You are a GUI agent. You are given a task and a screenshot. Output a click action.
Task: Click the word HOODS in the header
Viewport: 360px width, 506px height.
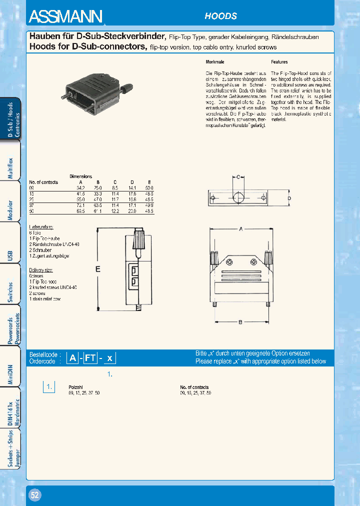(x=220, y=16)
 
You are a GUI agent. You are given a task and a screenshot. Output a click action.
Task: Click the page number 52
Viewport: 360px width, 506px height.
(x=35, y=495)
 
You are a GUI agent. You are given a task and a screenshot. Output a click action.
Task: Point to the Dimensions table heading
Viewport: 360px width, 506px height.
(x=80, y=176)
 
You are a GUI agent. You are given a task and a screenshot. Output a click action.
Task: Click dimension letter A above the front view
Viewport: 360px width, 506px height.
(x=240, y=229)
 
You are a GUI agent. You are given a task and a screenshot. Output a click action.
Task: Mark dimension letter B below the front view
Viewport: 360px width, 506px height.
(x=240, y=322)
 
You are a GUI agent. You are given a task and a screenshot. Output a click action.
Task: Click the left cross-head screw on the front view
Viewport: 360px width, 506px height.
(x=230, y=261)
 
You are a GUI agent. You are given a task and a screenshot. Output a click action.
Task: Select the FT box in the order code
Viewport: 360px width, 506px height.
(x=90, y=357)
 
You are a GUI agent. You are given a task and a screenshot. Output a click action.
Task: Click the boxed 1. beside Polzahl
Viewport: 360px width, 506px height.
(x=48, y=387)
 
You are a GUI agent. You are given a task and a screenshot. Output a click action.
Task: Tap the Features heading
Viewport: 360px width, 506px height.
(x=279, y=62)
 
